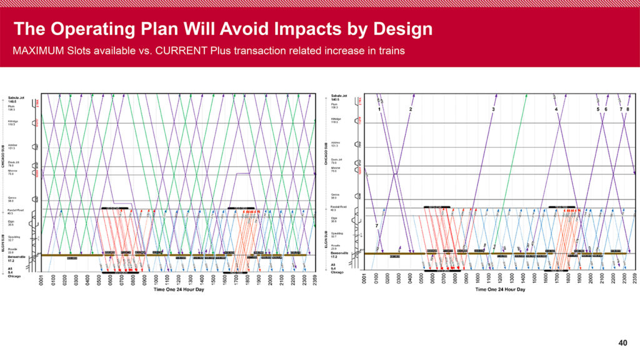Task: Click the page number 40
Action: pyautogui.click(x=622, y=342)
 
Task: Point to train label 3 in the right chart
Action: pyautogui.click(x=493, y=109)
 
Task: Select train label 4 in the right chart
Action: pyautogui.click(x=556, y=109)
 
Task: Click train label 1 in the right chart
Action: pyautogui.click(x=379, y=109)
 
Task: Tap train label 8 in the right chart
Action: pyautogui.click(x=627, y=109)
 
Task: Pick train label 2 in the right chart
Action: pyautogui.click(x=411, y=109)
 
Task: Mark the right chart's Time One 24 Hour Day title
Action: pyautogui.click(x=500, y=289)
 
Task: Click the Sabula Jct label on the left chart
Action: pyautogui.click(x=16, y=98)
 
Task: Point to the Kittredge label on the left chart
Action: pyautogui.click(x=14, y=122)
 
